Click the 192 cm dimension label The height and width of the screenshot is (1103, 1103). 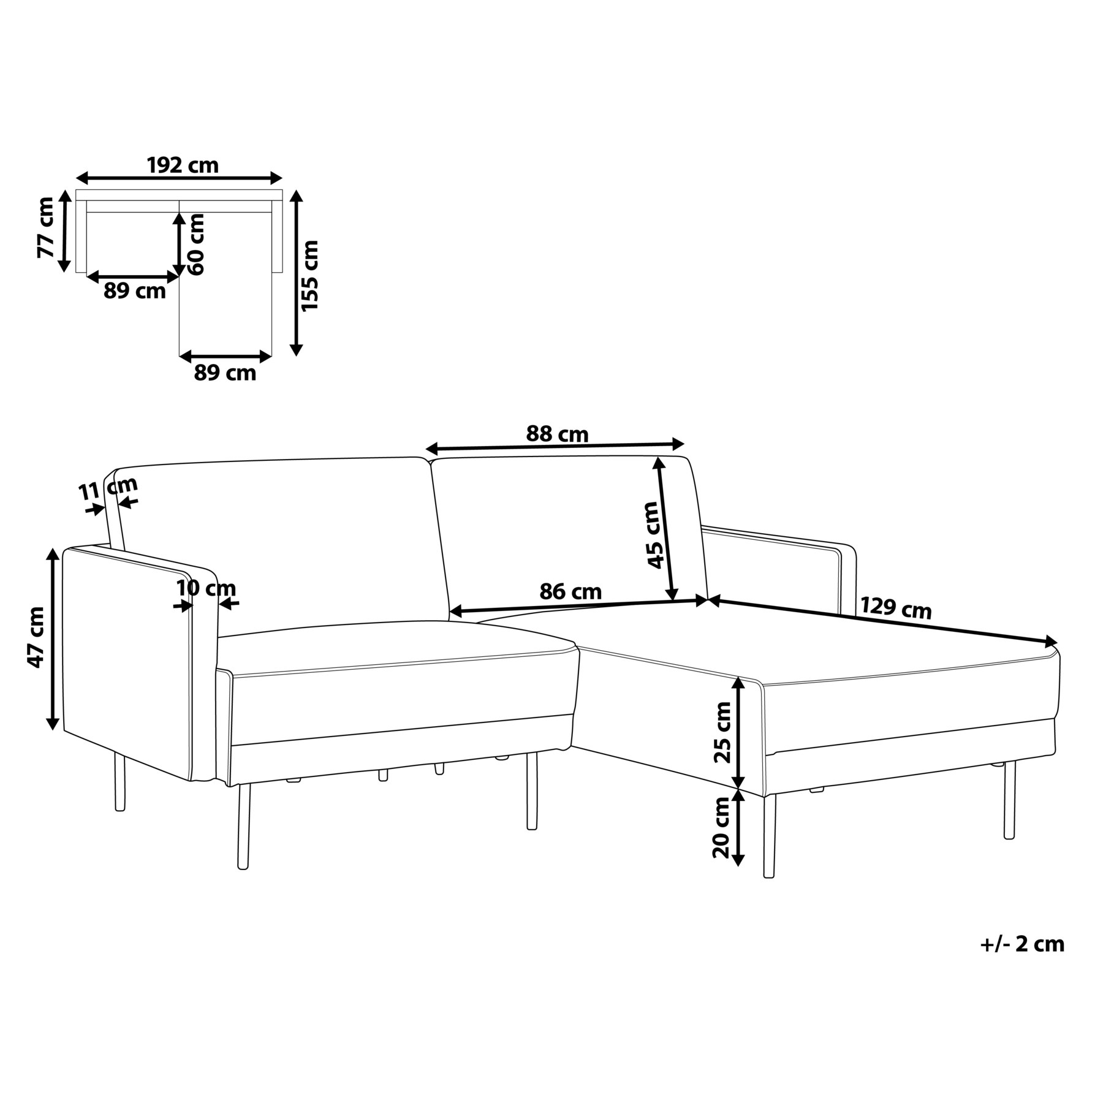click(x=183, y=165)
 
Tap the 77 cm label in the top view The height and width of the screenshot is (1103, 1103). click(x=46, y=228)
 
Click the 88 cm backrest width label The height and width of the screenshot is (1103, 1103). click(x=557, y=434)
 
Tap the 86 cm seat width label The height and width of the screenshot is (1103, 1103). click(x=570, y=592)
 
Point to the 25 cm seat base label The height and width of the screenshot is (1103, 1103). click(x=723, y=732)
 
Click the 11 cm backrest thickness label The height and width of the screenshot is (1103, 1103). click(x=108, y=488)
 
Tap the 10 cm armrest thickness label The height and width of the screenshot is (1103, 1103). click(x=206, y=588)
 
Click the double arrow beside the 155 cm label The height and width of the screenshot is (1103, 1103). click(x=296, y=273)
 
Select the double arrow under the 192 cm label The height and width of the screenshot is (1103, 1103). click(x=179, y=179)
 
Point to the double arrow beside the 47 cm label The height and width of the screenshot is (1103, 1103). click(x=53, y=640)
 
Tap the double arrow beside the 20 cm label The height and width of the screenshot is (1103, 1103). click(x=738, y=828)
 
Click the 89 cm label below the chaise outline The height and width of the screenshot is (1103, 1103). click(x=225, y=373)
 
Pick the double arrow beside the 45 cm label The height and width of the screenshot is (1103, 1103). click(x=665, y=529)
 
